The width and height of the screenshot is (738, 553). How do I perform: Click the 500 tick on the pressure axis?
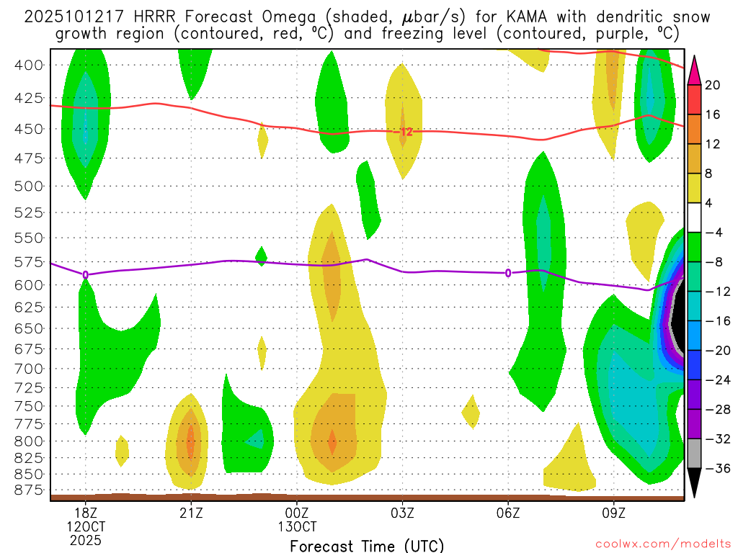click(29, 186)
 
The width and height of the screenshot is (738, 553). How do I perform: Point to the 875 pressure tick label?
click(29, 490)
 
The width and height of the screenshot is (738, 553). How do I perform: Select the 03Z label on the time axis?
click(402, 513)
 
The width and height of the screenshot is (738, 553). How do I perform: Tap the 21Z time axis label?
click(191, 513)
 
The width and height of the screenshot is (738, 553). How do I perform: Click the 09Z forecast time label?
click(614, 513)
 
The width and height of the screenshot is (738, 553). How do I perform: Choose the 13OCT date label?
click(297, 526)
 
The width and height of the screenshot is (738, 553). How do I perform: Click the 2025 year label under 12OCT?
click(86, 540)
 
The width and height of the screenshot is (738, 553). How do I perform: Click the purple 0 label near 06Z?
click(508, 273)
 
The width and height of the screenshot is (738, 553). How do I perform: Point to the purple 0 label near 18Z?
click(86, 274)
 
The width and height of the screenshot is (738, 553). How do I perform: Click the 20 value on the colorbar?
click(713, 85)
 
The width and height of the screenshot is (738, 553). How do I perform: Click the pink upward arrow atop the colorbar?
click(695, 69)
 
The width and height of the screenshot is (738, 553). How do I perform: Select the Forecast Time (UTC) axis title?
click(367, 545)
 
